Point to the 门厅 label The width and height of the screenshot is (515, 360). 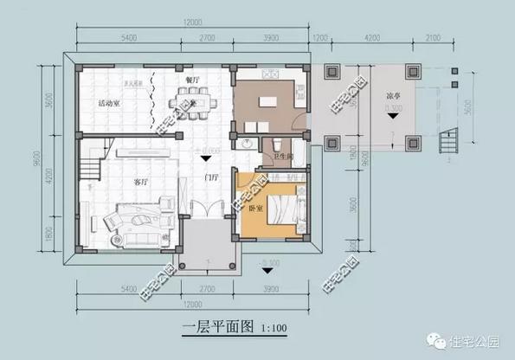pos(210,177)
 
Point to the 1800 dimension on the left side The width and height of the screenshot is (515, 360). pos(50,232)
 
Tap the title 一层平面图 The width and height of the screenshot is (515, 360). pos(220,327)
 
